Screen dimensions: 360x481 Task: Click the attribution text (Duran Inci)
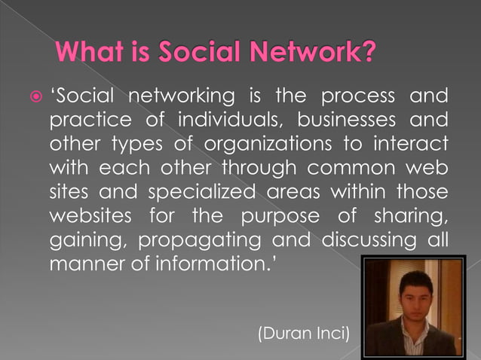(303, 331)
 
